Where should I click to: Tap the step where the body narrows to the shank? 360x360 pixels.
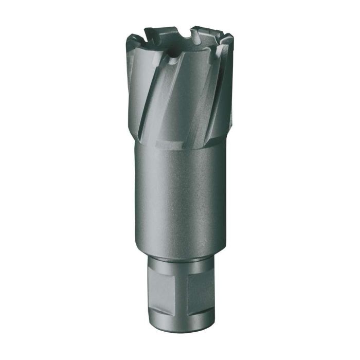(x=180, y=252)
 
